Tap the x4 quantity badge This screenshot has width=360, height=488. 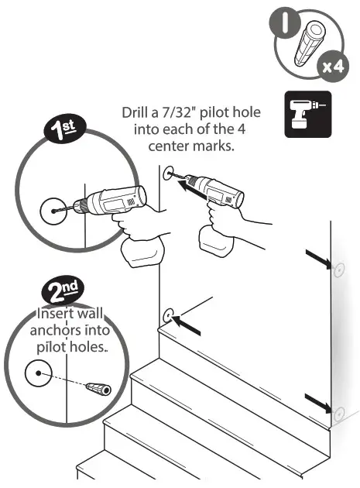(332, 67)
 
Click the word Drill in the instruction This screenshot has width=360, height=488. (137, 112)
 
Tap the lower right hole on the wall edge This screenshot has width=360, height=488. (338, 411)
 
